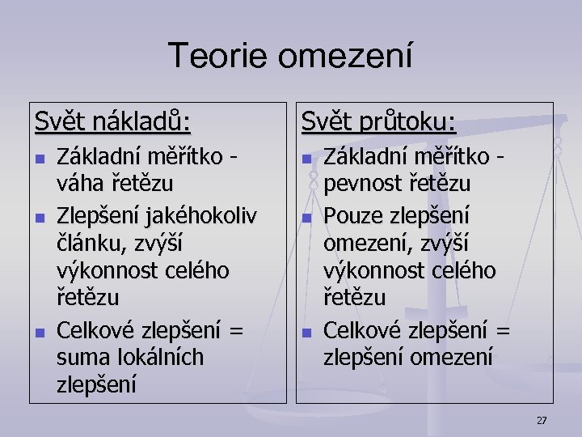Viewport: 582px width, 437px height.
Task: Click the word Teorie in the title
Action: pos(218,57)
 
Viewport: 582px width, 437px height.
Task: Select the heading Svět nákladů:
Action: pos(113,123)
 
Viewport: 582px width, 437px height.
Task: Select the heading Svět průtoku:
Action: pos(378,123)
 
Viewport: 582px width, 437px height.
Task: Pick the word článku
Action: pos(84,244)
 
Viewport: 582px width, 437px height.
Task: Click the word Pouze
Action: pos(352,215)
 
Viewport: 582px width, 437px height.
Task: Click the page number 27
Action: pos(542,420)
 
